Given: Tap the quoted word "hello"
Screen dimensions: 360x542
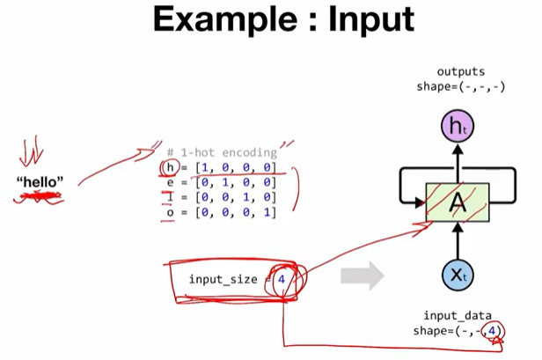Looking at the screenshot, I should [x=40, y=182].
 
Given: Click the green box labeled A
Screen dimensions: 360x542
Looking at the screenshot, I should [x=457, y=204].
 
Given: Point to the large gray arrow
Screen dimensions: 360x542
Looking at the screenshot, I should [x=361, y=278].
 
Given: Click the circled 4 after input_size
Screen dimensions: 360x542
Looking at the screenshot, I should [x=282, y=279].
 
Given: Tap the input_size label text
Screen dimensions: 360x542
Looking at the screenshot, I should [x=222, y=279].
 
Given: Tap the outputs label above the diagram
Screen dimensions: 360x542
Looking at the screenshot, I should [x=460, y=70].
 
